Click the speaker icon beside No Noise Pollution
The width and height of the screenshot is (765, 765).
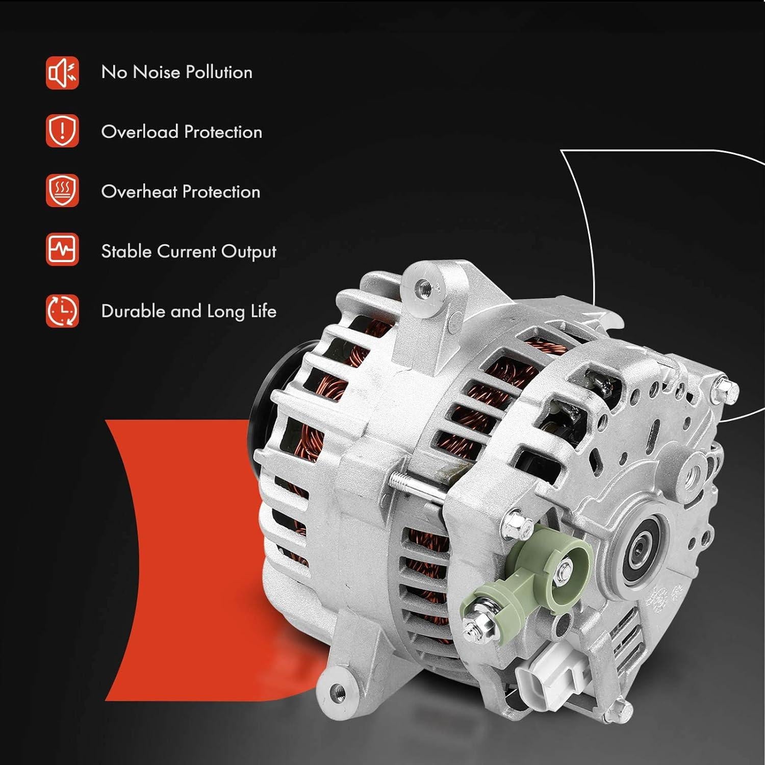[x=62, y=73]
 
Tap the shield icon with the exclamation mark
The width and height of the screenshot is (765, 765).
[x=62, y=131]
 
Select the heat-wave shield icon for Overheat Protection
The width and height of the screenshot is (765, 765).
[x=62, y=191]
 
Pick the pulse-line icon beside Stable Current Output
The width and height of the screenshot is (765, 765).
[x=62, y=250]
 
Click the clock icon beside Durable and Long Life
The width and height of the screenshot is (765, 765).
[x=62, y=310]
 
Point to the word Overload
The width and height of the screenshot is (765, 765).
[x=139, y=132]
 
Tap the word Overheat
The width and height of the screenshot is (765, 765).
[x=139, y=191]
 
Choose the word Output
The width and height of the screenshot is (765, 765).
[x=249, y=252]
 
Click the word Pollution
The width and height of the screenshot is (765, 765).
[x=219, y=72]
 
